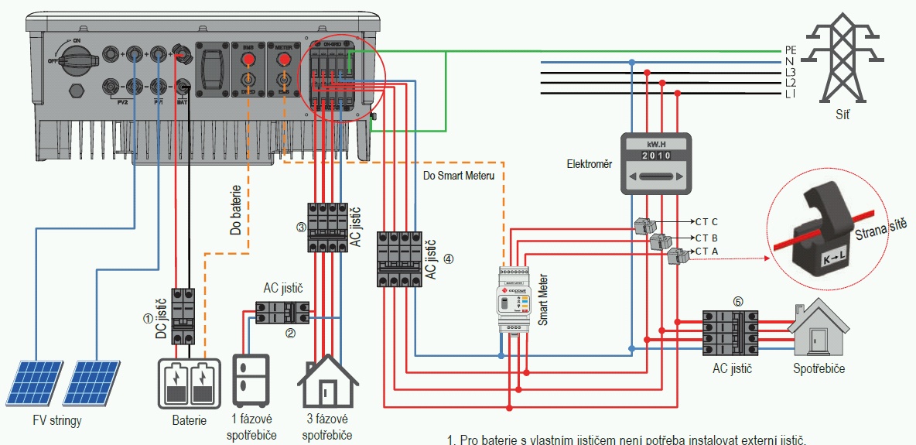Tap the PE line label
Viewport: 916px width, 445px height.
(790, 50)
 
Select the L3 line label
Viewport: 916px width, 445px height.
(790, 72)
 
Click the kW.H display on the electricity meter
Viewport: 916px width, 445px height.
(655, 145)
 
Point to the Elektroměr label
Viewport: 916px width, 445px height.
(590, 163)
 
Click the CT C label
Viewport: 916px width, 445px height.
(706, 221)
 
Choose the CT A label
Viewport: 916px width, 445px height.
(706, 252)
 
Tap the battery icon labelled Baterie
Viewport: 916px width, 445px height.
(189, 382)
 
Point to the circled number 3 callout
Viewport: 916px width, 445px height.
(301, 228)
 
